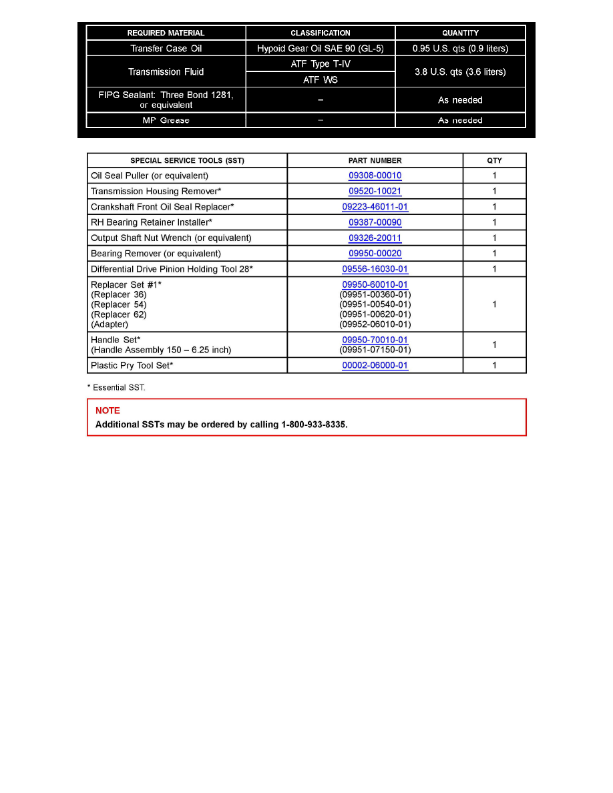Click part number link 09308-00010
pos(375,176)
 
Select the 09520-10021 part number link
pos(375,191)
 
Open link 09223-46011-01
pos(375,207)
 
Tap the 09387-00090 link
pos(375,222)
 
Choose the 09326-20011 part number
pos(375,238)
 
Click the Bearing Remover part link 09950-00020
pos(375,254)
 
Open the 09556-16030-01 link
pos(375,270)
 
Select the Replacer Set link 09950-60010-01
pos(375,285)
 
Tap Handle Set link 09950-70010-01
pos(375,340)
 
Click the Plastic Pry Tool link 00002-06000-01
pos(375,366)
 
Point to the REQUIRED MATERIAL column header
pos(166,33)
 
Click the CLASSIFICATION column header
pos(320,33)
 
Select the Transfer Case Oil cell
pos(166,48)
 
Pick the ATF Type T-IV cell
pos(321,64)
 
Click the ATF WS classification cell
pos(321,79)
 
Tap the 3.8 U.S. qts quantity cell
pos(460,72)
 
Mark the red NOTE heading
pos(108,411)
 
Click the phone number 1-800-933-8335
pos(313,425)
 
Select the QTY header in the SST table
pos(494,160)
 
